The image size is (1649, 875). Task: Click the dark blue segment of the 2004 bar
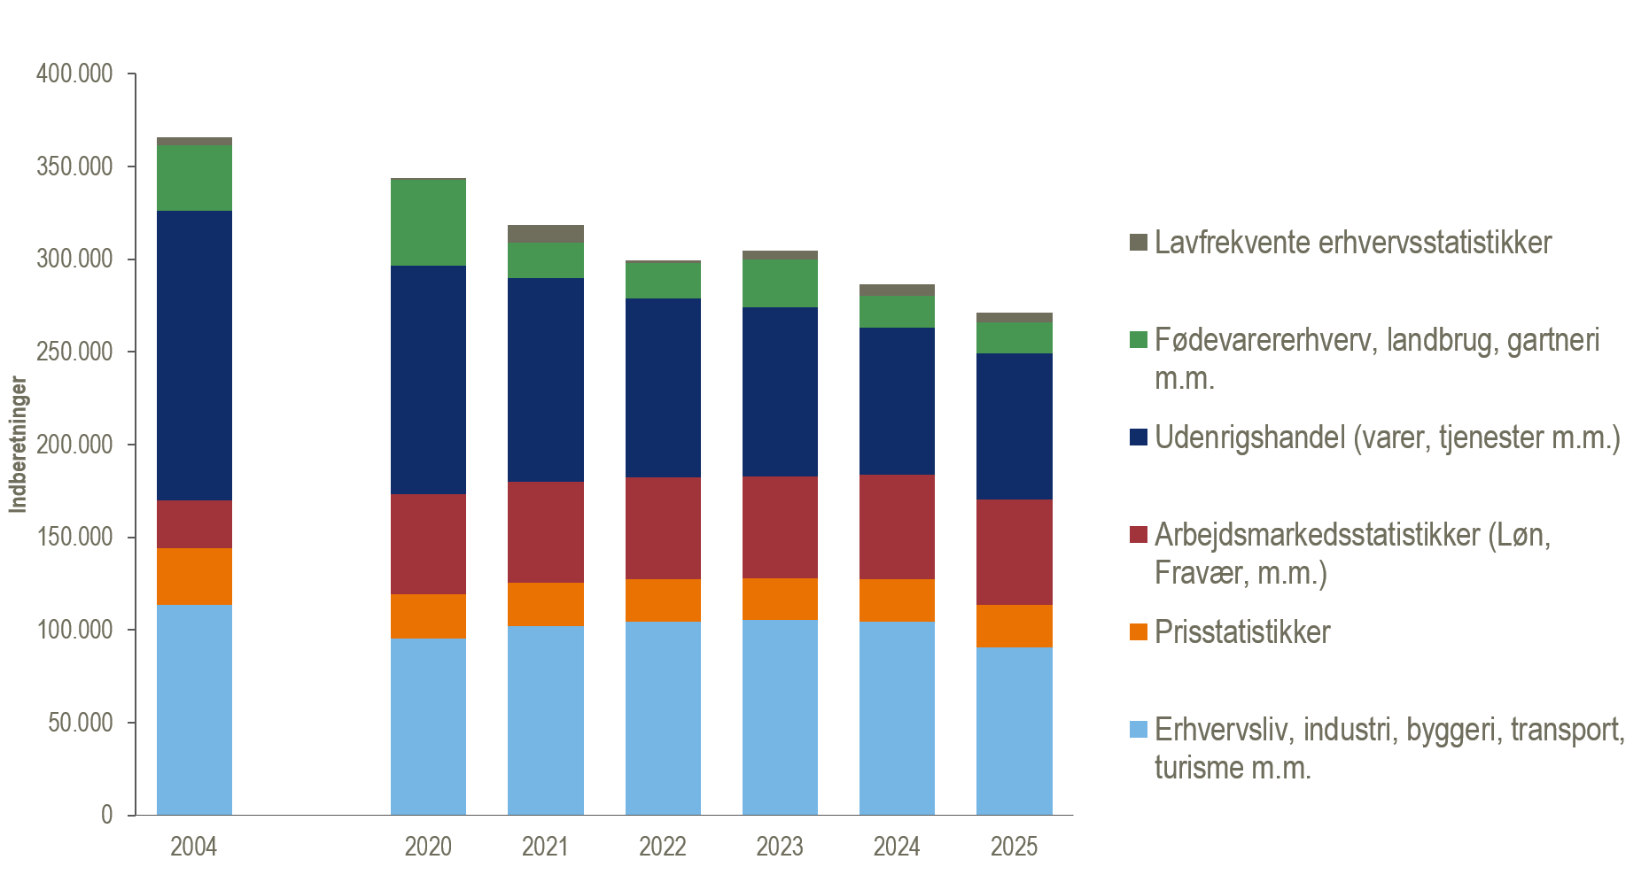(194, 355)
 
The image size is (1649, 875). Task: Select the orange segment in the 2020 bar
(428, 616)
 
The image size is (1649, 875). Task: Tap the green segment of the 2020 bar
(428, 222)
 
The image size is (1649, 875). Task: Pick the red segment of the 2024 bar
(897, 527)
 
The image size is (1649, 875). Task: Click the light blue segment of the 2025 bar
(1014, 731)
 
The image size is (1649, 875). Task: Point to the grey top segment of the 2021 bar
(545, 234)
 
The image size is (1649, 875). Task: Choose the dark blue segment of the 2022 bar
(663, 388)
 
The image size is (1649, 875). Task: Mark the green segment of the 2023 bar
(780, 283)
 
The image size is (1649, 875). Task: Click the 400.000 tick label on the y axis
(74, 74)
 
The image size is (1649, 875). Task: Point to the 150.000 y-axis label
(74, 537)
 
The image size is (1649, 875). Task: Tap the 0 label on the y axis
(107, 815)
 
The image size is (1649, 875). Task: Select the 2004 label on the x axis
(193, 847)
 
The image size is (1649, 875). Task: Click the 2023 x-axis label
(780, 847)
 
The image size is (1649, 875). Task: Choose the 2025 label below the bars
(1014, 847)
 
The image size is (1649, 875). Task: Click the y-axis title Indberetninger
(19, 445)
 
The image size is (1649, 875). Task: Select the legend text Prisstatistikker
(1242, 632)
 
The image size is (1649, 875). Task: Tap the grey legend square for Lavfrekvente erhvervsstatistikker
(1139, 243)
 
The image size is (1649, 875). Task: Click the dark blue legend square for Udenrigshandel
(1139, 437)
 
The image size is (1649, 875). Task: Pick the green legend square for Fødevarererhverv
(1139, 340)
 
